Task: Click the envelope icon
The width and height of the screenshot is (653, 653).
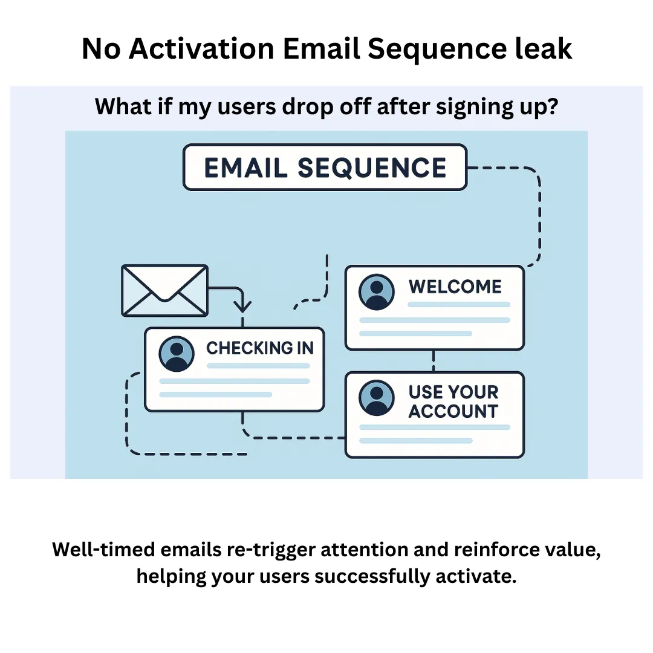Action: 164,290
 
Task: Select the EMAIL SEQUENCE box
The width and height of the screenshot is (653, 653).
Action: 325,167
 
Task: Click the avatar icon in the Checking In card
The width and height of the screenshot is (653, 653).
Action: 176,354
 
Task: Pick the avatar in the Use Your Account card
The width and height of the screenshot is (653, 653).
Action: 376,398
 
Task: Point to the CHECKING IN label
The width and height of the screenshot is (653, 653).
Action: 260,348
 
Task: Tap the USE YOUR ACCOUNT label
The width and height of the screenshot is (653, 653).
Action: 453,401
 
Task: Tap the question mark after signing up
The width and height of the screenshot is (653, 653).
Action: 551,107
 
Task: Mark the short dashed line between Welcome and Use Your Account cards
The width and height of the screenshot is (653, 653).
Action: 434,361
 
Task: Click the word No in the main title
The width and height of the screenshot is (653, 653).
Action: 100,50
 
